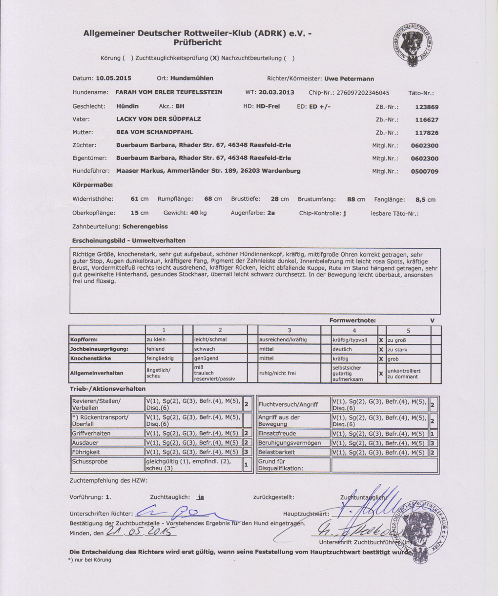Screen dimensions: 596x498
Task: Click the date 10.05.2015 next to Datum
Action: pyautogui.click(x=113, y=78)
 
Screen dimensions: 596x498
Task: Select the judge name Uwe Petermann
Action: pyautogui.click(x=349, y=78)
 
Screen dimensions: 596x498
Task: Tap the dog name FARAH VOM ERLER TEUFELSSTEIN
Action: pyautogui.click(x=169, y=92)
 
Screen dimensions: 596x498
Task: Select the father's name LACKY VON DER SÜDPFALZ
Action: pyautogui.click(x=158, y=119)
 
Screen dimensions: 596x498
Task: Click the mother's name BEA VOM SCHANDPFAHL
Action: pyautogui.click(x=154, y=132)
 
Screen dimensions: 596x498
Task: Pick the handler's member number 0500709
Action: pyautogui.click(x=424, y=172)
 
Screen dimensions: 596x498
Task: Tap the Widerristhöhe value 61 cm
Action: pyautogui.click(x=140, y=199)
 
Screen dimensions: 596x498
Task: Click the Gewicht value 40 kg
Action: pyautogui.click(x=198, y=213)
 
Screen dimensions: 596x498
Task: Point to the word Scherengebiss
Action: pyautogui.click(x=144, y=227)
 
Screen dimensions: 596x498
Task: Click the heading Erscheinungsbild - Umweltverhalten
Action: pyautogui.click(x=129, y=240)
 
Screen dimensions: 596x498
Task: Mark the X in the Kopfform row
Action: pyautogui.click(x=381, y=340)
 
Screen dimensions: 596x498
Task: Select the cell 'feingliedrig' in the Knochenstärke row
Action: pyautogui.click(x=163, y=358)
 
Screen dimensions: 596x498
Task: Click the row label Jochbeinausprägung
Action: pyautogui.click(x=99, y=349)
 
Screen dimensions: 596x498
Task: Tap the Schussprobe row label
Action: pyautogui.click(x=90, y=461)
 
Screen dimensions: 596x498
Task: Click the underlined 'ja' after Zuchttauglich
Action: pyautogui.click(x=201, y=497)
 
